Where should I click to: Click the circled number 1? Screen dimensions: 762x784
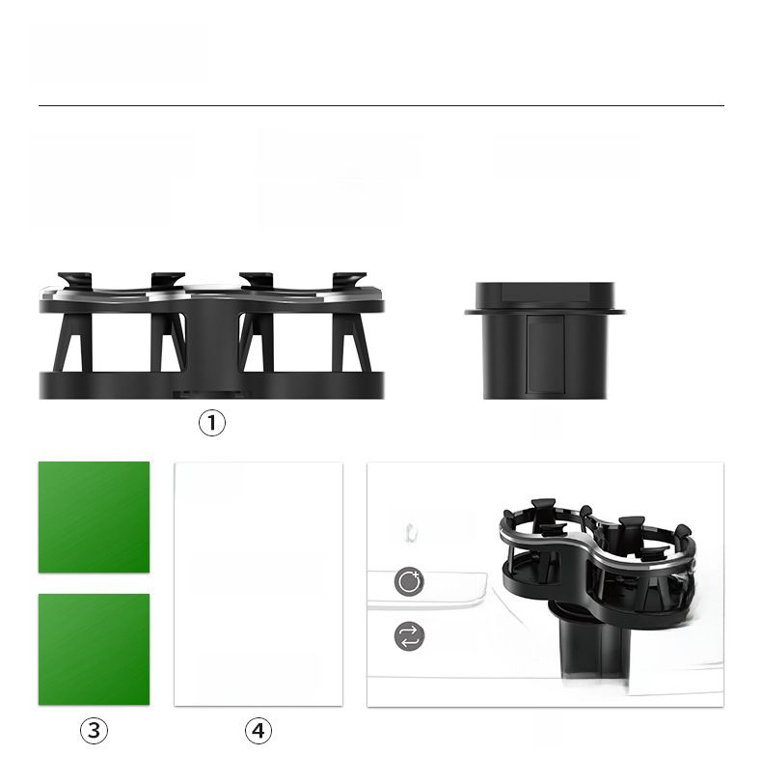point(212,423)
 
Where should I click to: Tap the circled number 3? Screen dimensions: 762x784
point(94,731)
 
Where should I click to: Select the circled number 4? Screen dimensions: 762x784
point(259,731)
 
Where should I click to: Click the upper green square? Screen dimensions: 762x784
point(94,517)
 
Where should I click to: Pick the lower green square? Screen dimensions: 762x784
point(94,650)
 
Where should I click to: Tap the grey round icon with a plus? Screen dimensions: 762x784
point(409,581)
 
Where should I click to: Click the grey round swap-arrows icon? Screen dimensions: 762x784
point(410,636)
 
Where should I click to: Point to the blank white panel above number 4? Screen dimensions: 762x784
point(259,584)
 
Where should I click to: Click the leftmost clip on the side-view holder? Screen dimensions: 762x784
point(75,280)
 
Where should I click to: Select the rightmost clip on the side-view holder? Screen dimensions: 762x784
point(349,280)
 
